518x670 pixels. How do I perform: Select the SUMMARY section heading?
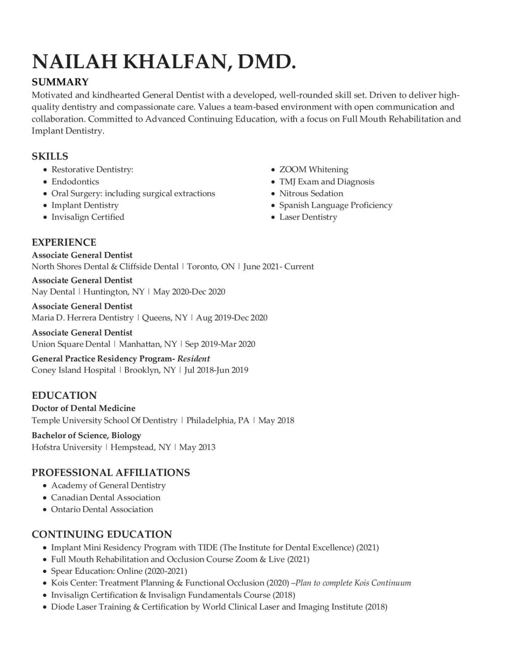click(60, 82)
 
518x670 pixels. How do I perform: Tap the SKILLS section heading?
click(50, 156)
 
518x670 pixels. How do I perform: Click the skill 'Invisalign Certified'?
click(88, 217)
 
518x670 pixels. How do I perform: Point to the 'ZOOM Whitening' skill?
click(313, 170)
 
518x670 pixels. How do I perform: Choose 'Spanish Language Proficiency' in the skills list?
click(335, 205)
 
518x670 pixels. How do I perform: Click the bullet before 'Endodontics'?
click(45, 182)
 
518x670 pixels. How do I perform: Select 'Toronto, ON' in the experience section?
click(211, 267)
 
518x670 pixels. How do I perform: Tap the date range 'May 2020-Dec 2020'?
click(189, 292)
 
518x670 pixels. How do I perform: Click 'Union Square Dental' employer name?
click(71, 344)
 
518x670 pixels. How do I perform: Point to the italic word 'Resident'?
click(193, 359)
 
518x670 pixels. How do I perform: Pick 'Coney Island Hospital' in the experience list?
click(73, 370)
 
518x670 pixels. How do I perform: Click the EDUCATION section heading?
click(64, 395)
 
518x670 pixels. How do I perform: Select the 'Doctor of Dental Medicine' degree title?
click(83, 408)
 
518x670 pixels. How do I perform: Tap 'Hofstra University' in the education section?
click(66, 447)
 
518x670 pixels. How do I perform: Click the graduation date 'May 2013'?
click(197, 447)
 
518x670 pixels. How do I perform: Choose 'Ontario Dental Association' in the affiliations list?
click(102, 509)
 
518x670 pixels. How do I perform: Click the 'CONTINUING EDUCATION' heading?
click(101, 534)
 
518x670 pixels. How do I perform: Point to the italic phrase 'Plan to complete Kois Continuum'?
click(353, 583)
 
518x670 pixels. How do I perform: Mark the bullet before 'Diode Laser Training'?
click(45, 607)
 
